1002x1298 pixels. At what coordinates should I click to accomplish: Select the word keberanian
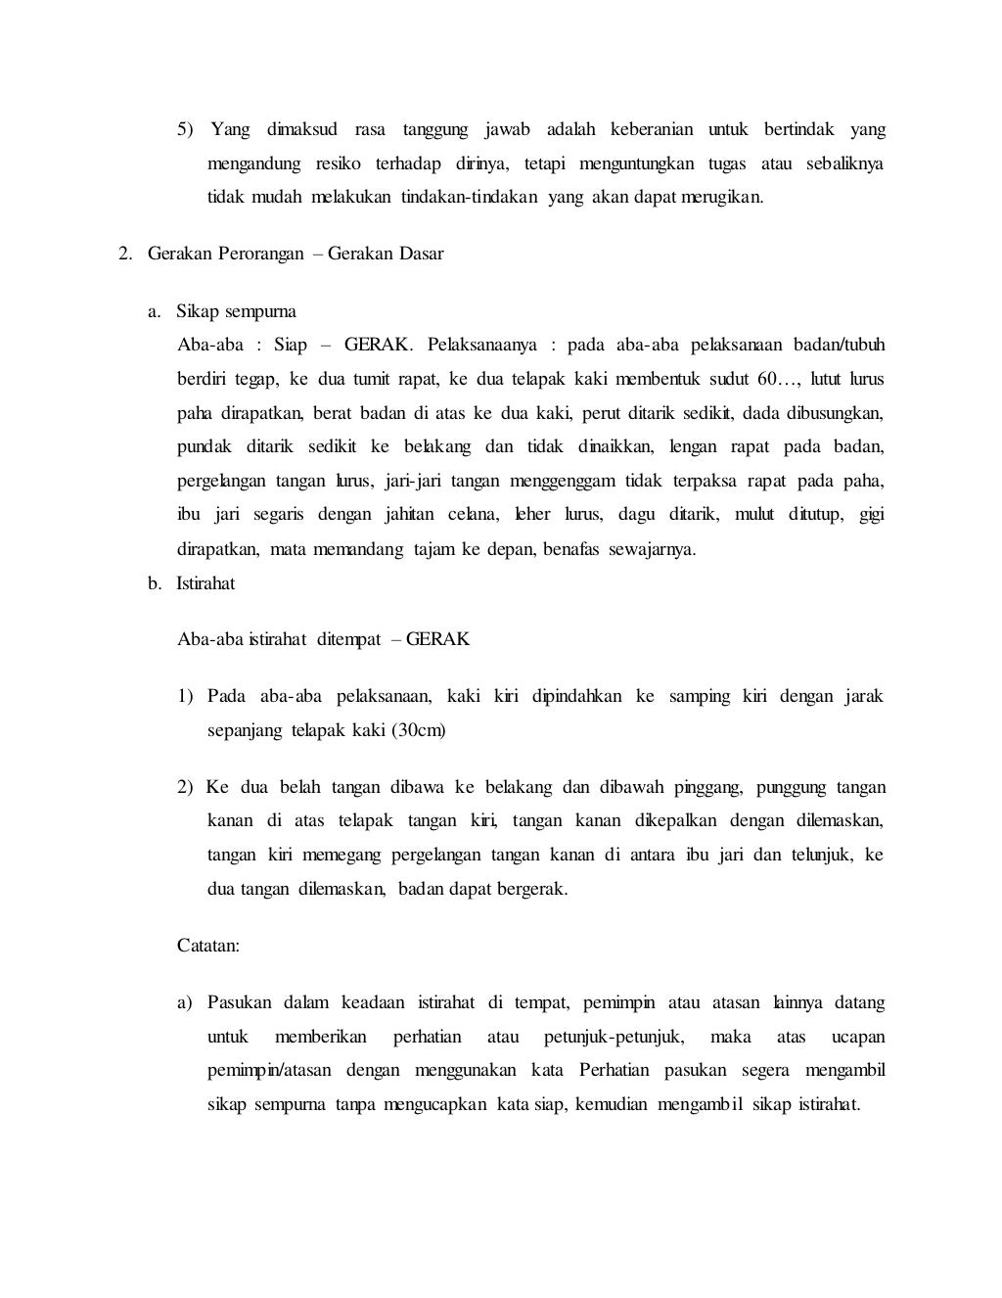pos(652,130)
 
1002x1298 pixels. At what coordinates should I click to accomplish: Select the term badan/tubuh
pos(840,346)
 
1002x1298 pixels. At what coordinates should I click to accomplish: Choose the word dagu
pos(636,515)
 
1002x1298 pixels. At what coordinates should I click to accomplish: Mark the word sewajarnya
pos(653,549)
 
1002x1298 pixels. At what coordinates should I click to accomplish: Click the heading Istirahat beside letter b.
pos(205,583)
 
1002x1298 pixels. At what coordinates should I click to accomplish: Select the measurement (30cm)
pos(419,731)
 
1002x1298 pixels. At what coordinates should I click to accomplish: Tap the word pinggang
pos(695,788)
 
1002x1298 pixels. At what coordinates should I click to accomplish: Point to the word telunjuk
pos(820,855)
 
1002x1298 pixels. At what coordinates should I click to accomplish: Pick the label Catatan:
pos(208,947)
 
